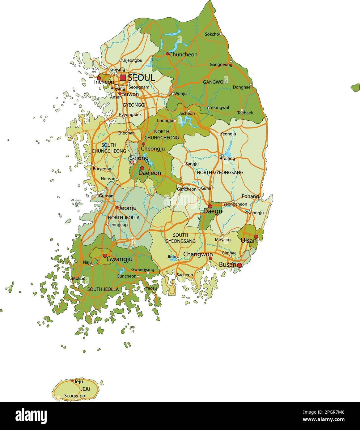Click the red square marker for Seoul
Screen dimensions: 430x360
click(x=123, y=77)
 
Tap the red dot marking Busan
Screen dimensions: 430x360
click(x=239, y=265)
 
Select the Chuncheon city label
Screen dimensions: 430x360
click(x=183, y=54)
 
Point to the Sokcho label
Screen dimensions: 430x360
click(x=212, y=34)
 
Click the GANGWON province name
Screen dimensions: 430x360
click(x=214, y=82)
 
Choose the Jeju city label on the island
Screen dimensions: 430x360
click(x=79, y=382)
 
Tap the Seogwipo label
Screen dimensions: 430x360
click(x=74, y=396)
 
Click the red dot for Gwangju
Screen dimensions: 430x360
click(x=105, y=256)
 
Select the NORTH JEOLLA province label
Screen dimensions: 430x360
click(x=124, y=218)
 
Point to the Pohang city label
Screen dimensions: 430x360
click(x=250, y=196)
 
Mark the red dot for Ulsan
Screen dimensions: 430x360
click(x=256, y=237)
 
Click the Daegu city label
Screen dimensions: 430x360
click(x=213, y=212)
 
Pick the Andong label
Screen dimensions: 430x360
click(x=227, y=159)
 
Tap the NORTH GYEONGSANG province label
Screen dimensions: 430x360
click(x=220, y=172)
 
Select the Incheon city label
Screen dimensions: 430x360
click(x=104, y=82)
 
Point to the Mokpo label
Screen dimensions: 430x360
click(x=78, y=278)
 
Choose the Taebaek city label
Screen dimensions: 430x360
click(x=245, y=113)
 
